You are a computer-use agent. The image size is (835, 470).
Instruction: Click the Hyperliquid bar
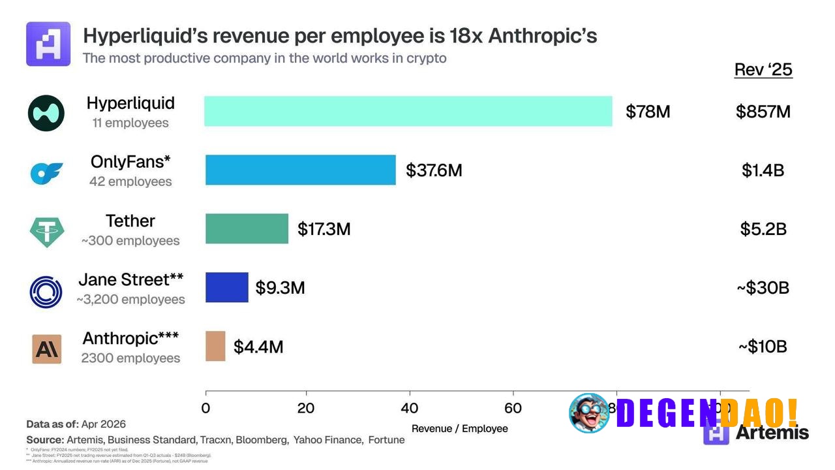pyautogui.click(x=408, y=111)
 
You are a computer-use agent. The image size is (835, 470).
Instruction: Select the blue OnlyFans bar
pyautogui.click(x=301, y=170)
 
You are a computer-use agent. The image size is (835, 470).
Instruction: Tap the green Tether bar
pyautogui.click(x=247, y=228)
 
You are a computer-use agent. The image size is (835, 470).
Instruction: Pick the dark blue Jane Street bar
pyautogui.click(x=227, y=287)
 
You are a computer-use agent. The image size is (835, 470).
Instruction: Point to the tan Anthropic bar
pyautogui.click(x=215, y=346)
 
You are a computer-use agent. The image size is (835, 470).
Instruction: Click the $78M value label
pyautogui.click(x=647, y=112)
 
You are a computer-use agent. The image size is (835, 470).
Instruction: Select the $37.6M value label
pyautogui.click(x=434, y=170)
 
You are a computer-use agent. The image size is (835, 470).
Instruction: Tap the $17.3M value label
pyautogui.click(x=324, y=229)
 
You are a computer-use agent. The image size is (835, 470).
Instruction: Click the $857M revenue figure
pyautogui.click(x=763, y=112)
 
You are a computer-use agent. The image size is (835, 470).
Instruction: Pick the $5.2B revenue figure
pyautogui.click(x=763, y=229)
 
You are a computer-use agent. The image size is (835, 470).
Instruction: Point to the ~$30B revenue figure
pyautogui.click(x=763, y=288)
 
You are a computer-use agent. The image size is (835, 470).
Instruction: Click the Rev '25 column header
pyautogui.click(x=763, y=70)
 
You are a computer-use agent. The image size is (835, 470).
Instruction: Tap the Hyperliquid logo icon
pyautogui.click(x=46, y=113)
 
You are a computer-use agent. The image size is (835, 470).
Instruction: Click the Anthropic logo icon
pyautogui.click(x=46, y=349)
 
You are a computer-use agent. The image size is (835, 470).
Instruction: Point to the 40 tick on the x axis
pyautogui.click(x=409, y=409)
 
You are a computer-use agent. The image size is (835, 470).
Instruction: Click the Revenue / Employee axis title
pyautogui.click(x=459, y=429)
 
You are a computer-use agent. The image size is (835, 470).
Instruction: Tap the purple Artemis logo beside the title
pyautogui.click(x=48, y=44)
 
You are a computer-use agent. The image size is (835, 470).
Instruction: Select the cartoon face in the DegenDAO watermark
pyautogui.click(x=589, y=413)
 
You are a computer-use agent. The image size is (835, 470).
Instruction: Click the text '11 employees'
pyautogui.click(x=130, y=123)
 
